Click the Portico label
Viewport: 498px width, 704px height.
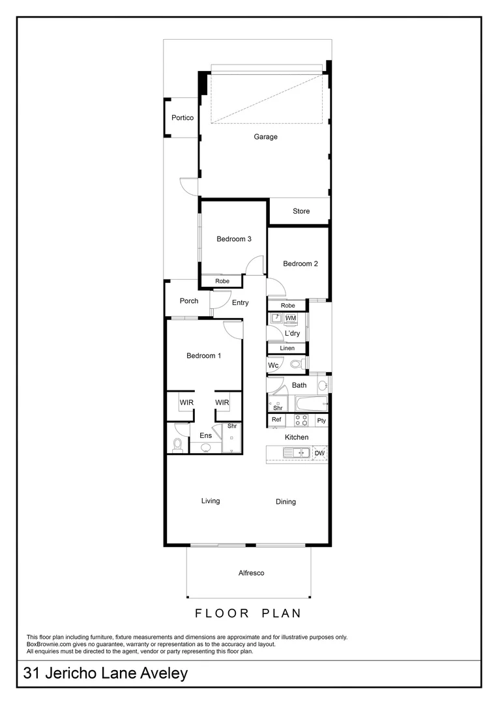coord(183,118)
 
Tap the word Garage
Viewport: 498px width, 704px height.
coord(266,137)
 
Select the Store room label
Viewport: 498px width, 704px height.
coord(301,211)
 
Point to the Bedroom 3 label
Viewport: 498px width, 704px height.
coord(234,239)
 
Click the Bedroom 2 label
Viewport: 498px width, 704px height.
coord(300,264)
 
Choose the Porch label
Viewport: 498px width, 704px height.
coord(189,301)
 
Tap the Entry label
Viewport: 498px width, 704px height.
coord(241,302)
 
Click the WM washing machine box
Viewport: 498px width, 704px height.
coord(291,318)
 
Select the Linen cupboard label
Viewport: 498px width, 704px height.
coord(287,349)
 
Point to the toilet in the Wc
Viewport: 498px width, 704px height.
coord(295,365)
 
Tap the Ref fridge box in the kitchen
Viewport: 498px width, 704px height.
coord(276,420)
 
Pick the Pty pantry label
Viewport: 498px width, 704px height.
coord(321,421)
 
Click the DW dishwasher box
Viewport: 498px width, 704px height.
coord(319,454)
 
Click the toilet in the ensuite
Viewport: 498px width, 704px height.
coord(177,446)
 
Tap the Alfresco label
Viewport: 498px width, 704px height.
coord(251,573)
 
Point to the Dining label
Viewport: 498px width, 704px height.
coord(286,502)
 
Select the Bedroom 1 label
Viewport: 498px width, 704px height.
coord(204,356)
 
